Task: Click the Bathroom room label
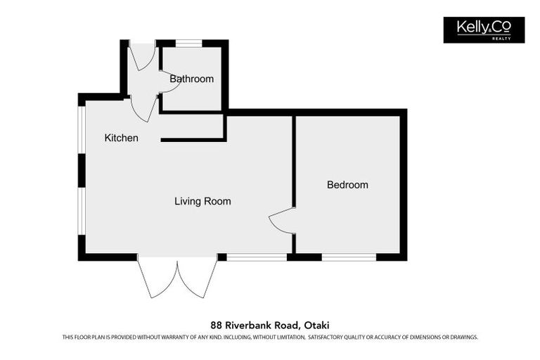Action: coord(191,79)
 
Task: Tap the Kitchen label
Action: coord(122,138)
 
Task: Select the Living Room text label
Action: coord(202,201)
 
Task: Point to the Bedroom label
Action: coord(347,185)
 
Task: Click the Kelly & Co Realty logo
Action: coord(484,30)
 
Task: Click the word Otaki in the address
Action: coord(316,325)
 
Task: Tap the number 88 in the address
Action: coord(217,325)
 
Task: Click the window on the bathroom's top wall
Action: coord(188,44)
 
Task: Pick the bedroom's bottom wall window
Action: coord(349,257)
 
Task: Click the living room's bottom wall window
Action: coord(257,257)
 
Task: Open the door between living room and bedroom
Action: coord(281,221)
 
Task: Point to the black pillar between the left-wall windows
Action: coord(82,171)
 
